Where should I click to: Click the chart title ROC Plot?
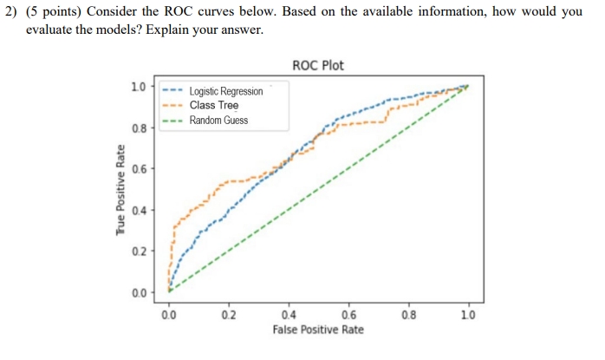pos(319,66)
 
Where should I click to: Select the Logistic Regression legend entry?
pos(225,91)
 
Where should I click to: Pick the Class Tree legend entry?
pos(214,105)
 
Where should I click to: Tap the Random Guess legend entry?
pos(218,120)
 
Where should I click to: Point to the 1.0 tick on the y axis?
pos(138,86)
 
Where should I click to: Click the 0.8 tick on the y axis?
pos(138,128)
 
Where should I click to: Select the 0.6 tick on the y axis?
pos(138,168)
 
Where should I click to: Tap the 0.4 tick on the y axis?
pos(138,210)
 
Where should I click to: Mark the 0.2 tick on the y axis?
pos(138,251)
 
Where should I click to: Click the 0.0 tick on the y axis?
pos(138,292)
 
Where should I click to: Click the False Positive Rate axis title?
pos(318,331)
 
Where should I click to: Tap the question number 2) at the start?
pos(13,11)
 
